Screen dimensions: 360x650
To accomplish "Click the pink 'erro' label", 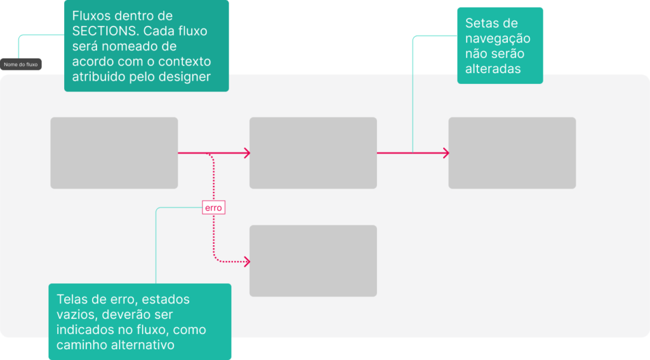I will (x=213, y=208).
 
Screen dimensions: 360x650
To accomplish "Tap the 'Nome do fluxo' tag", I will (x=21, y=64).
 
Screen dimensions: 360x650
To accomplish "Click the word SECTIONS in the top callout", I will (x=103, y=31).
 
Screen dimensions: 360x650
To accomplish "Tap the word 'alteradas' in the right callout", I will (x=493, y=69).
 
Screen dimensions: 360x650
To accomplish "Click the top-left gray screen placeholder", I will (x=114, y=153).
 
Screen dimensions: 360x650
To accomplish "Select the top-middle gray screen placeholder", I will (x=313, y=153).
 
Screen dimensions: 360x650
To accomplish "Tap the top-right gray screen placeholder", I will (x=512, y=153).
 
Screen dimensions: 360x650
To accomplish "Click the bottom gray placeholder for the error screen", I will (x=313, y=261).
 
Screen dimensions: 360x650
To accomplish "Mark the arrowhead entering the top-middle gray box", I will (x=246, y=153).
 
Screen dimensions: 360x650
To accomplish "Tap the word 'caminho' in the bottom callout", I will (x=83, y=345).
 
